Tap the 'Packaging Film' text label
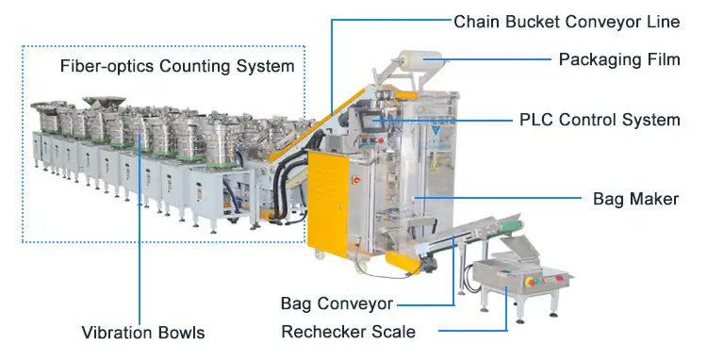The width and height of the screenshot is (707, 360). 618,59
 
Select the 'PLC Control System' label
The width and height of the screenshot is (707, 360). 600,120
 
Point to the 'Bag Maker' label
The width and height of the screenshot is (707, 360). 636,199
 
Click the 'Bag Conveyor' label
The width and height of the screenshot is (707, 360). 337,303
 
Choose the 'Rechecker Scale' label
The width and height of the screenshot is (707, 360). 348,332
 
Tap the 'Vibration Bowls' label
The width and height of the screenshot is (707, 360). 141,332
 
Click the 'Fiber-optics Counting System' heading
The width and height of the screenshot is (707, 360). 177,67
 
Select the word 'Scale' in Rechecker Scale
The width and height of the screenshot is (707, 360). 395,332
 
